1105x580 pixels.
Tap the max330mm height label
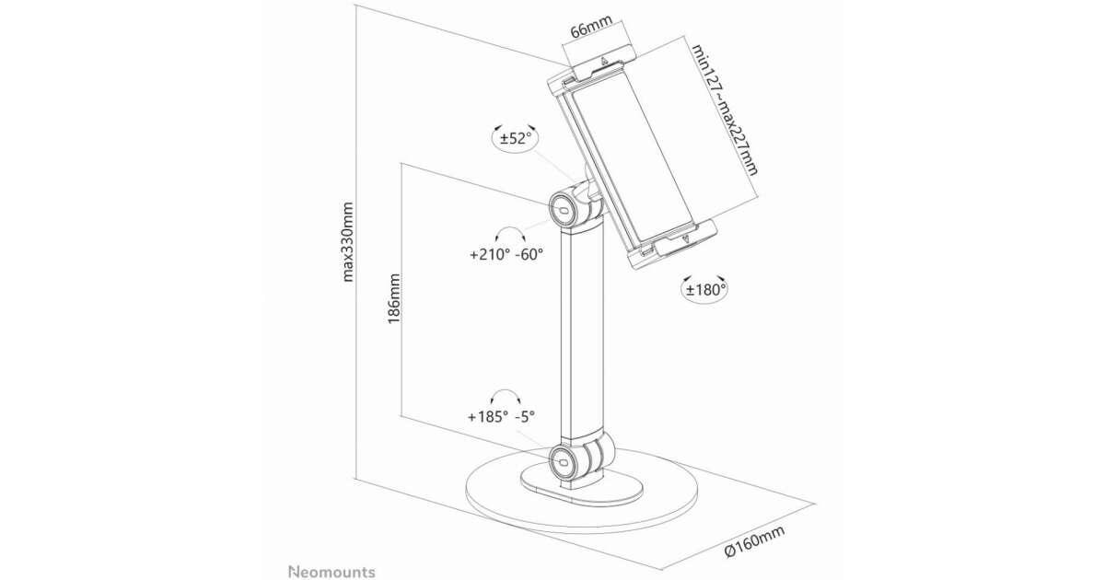coord(348,241)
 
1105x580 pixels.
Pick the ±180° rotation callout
coord(705,289)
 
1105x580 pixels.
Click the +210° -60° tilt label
coord(506,255)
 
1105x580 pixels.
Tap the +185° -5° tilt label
coord(502,416)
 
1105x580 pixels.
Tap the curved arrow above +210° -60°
coord(507,233)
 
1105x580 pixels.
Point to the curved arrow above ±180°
coord(705,273)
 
